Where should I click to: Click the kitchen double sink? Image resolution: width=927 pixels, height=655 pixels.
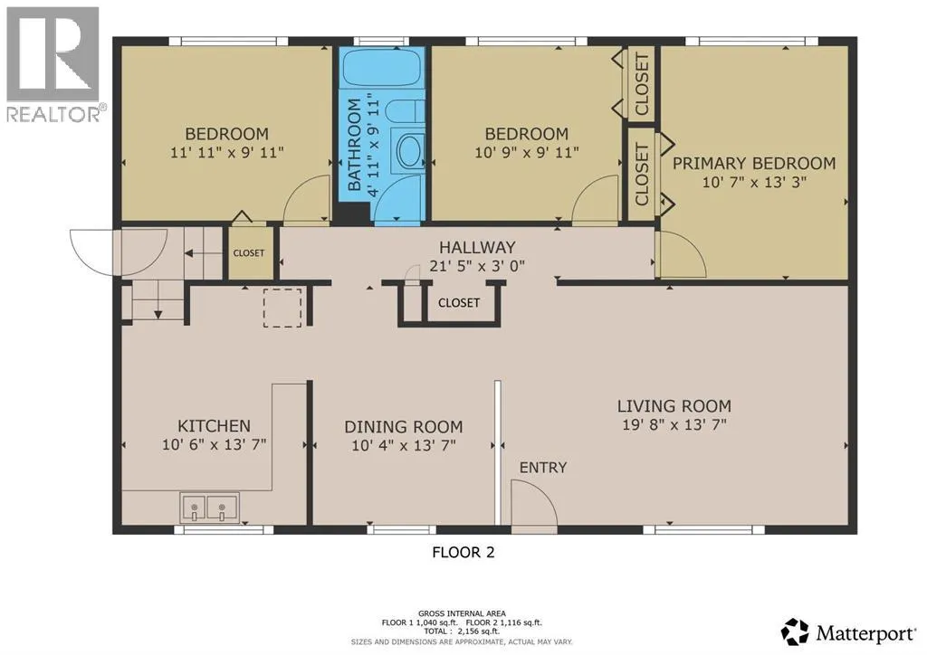pyautogui.click(x=210, y=508)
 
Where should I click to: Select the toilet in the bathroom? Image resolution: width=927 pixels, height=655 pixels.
pyautogui.click(x=406, y=111)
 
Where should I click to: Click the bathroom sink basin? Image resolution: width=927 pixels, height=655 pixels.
pyautogui.click(x=408, y=152)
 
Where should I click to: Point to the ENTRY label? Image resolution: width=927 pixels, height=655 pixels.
pyautogui.click(x=543, y=468)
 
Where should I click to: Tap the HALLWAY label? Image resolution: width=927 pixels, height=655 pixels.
pyautogui.click(x=477, y=248)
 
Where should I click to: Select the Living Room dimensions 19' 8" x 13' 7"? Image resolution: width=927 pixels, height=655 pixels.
pyautogui.click(x=674, y=424)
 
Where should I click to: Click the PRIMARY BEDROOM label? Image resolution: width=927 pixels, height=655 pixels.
pyautogui.click(x=754, y=164)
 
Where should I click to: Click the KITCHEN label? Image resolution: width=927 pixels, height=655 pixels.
pyautogui.click(x=214, y=426)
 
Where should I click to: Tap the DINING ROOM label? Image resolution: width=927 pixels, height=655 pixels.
pyautogui.click(x=403, y=426)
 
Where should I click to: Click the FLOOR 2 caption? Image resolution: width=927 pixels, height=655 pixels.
pyautogui.click(x=463, y=552)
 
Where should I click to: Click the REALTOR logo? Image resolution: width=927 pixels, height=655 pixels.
pyautogui.click(x=53, y=64)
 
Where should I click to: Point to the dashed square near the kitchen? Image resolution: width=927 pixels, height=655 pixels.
pyautogui.click(x=282, y=308)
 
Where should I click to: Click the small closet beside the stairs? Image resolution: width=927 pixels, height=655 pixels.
pyautogui.click(x=249, y=252)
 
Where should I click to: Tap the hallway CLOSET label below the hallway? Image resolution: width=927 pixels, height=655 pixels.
pyautogui.click(x=459, y=303)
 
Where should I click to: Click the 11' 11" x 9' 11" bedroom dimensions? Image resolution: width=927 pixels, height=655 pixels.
pyautogui.click(x=227, y=152)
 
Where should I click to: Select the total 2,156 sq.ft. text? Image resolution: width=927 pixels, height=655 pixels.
pyautogui.click(x=461, y=631)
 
